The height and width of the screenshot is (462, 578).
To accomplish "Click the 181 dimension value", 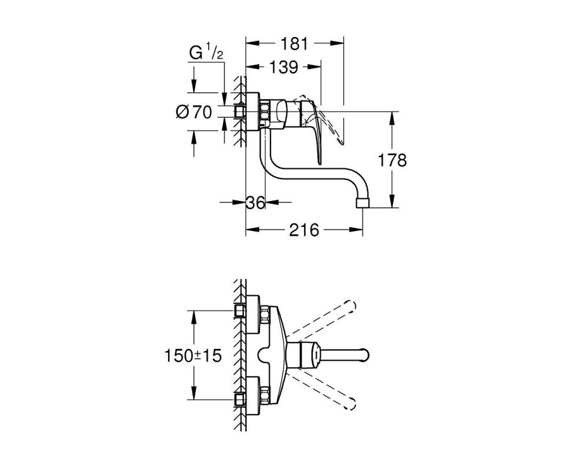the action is (x=294, y=44).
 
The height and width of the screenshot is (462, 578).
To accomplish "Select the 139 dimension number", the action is (x=283, y=67).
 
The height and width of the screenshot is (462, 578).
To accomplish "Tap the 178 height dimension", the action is (x=392, y=161).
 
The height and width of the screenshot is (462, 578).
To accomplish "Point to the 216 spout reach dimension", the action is (x=304, y=230).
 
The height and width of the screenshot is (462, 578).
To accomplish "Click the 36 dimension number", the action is (x=255, y=202).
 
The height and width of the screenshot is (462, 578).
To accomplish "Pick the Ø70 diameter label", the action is (x=194, y=112).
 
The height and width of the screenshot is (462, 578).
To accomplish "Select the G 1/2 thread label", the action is (x=206, y=52).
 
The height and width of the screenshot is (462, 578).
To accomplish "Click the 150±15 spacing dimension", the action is (x=193, y=356).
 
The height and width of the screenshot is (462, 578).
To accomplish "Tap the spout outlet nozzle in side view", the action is (x=362, y=203).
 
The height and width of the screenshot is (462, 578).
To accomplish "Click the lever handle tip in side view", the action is (x=320, y=161).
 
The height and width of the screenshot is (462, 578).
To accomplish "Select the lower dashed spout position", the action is (x=320, y=391).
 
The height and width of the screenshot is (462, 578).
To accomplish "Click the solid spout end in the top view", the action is (x=363, y=356).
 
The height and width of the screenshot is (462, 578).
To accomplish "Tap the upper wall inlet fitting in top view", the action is (x=240, y=311).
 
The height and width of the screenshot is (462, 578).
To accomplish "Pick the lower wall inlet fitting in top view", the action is (x=240, y=400).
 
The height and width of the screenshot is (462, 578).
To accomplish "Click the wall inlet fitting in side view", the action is (x=240, y=111).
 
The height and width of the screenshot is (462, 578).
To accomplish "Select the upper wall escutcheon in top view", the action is (x=253, y=314).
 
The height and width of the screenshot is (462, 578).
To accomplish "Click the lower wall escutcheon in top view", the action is (x=253, y=396).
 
